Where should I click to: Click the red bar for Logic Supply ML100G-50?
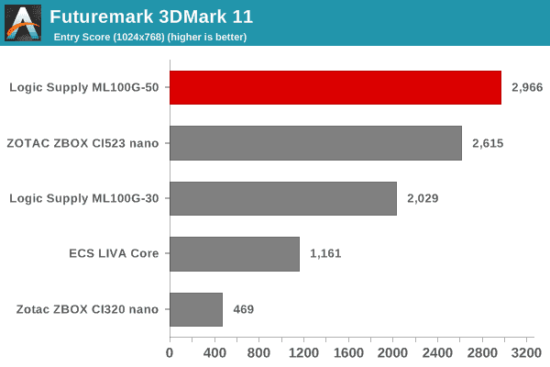pos(335,87)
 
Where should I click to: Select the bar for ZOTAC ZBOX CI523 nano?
pos(315,143)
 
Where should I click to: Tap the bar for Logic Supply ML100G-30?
pos(283,198)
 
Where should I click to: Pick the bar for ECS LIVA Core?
pos(235,253)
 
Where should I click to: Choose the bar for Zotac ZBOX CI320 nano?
pos(196,309)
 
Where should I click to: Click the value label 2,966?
pos(528,88)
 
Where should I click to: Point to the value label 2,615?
pos(489,143)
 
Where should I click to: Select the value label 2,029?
pos(423,198)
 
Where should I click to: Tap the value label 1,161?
pos(325,253)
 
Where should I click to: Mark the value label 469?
pos(242,309)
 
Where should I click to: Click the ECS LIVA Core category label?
pos(114,253)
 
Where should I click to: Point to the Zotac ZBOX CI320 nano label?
pos(88,309)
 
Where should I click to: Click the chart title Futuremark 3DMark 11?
pos(151,17)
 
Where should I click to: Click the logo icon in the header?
pos(23,23)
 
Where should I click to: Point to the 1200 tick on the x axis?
pos(303,351)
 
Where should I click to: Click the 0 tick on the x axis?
pos(170,351)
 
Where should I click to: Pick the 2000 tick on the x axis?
pos(392,351)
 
